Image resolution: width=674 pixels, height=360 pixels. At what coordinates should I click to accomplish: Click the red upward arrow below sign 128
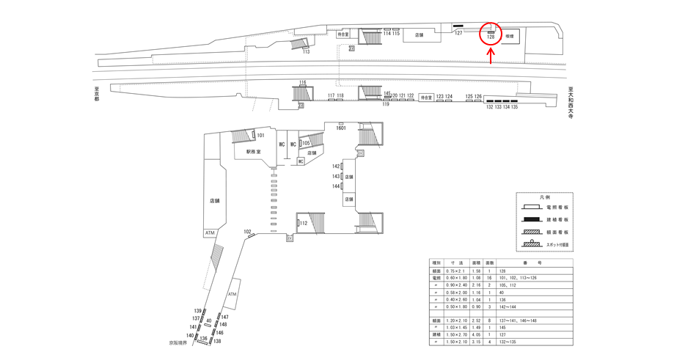pos(490,57)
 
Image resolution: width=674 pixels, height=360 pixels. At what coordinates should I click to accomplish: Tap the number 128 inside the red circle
pos(491,37)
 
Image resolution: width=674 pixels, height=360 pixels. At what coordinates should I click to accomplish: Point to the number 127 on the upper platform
pos(458,33)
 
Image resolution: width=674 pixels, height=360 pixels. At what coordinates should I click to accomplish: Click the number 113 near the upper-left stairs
pos(306,52)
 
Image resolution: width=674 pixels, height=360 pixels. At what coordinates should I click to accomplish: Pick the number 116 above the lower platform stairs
pos(302,82)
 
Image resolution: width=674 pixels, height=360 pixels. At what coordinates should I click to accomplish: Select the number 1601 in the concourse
pos(340,127)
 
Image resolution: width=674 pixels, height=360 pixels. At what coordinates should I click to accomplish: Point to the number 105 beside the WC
pos(307,143)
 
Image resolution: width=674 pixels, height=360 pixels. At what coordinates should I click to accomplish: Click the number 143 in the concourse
pos(337,177)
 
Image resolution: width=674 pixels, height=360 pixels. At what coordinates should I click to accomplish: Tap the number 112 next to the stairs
pos(303,224)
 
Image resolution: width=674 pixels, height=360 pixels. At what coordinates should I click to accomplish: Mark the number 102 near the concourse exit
pos(248,232)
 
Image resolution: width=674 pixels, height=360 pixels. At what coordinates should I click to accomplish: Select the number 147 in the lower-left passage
pos(224,317)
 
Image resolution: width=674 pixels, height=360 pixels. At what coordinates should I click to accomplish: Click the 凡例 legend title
pos(543,198)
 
